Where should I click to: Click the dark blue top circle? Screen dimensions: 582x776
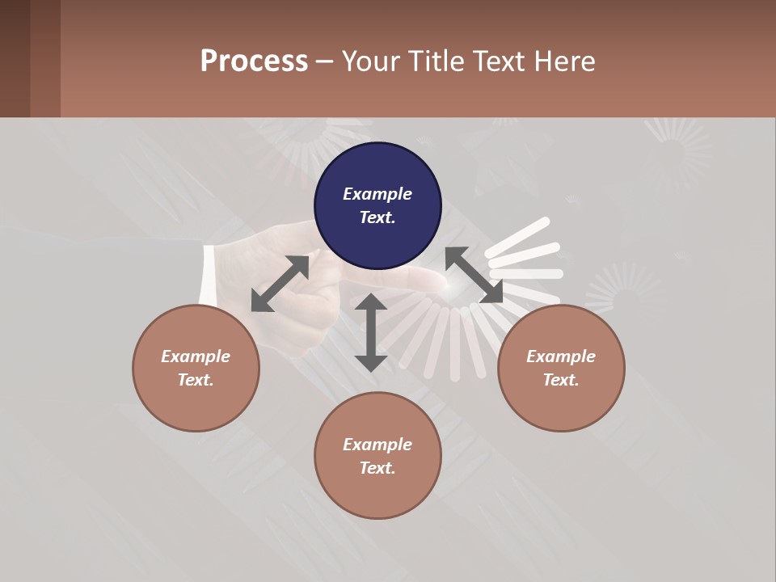[377, 206]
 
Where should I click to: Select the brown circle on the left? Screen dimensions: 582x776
[196, 368]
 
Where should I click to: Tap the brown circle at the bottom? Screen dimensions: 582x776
[377, 456]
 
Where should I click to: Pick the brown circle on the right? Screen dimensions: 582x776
[561, 368]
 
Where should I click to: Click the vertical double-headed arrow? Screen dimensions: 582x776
[371, 332]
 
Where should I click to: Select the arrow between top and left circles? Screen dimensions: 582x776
[280, 284]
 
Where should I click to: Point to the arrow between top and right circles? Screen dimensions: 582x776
[474, 276]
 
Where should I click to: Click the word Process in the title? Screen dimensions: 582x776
[254, 61]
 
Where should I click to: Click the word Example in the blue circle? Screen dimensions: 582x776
[377, 194]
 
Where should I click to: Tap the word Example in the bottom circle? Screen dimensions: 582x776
[377, 445]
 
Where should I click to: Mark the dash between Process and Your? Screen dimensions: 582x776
[325, 61]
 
